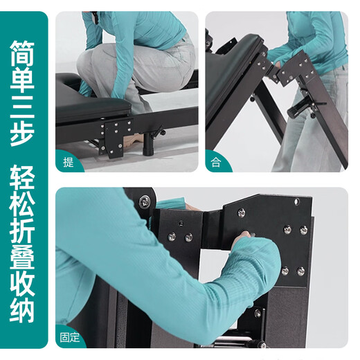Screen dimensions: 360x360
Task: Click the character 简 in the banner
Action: [x=22, y=53]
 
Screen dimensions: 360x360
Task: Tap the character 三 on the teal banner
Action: [x=22, y=107]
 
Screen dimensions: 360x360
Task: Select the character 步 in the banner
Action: [x=22, y=133]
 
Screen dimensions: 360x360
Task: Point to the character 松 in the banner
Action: [x=22, y=204]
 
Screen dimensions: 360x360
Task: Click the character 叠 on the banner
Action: [x=22, y=257]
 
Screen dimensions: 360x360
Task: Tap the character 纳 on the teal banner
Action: [x=22, y=309]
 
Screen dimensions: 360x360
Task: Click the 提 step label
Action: [x=69, y=162]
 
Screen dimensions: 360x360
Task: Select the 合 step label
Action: [x=216, y=162]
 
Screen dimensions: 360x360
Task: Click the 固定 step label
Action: [x=70, y=338]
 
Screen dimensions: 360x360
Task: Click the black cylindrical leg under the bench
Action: [x=147, y=144]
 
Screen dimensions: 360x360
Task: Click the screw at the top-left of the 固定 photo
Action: [x=145, y=201]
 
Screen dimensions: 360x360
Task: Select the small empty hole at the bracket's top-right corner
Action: [x=297, y=202]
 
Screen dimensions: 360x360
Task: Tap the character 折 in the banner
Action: [x=22, y=230]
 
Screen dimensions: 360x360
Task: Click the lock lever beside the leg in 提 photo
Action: [x=159, y=132]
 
